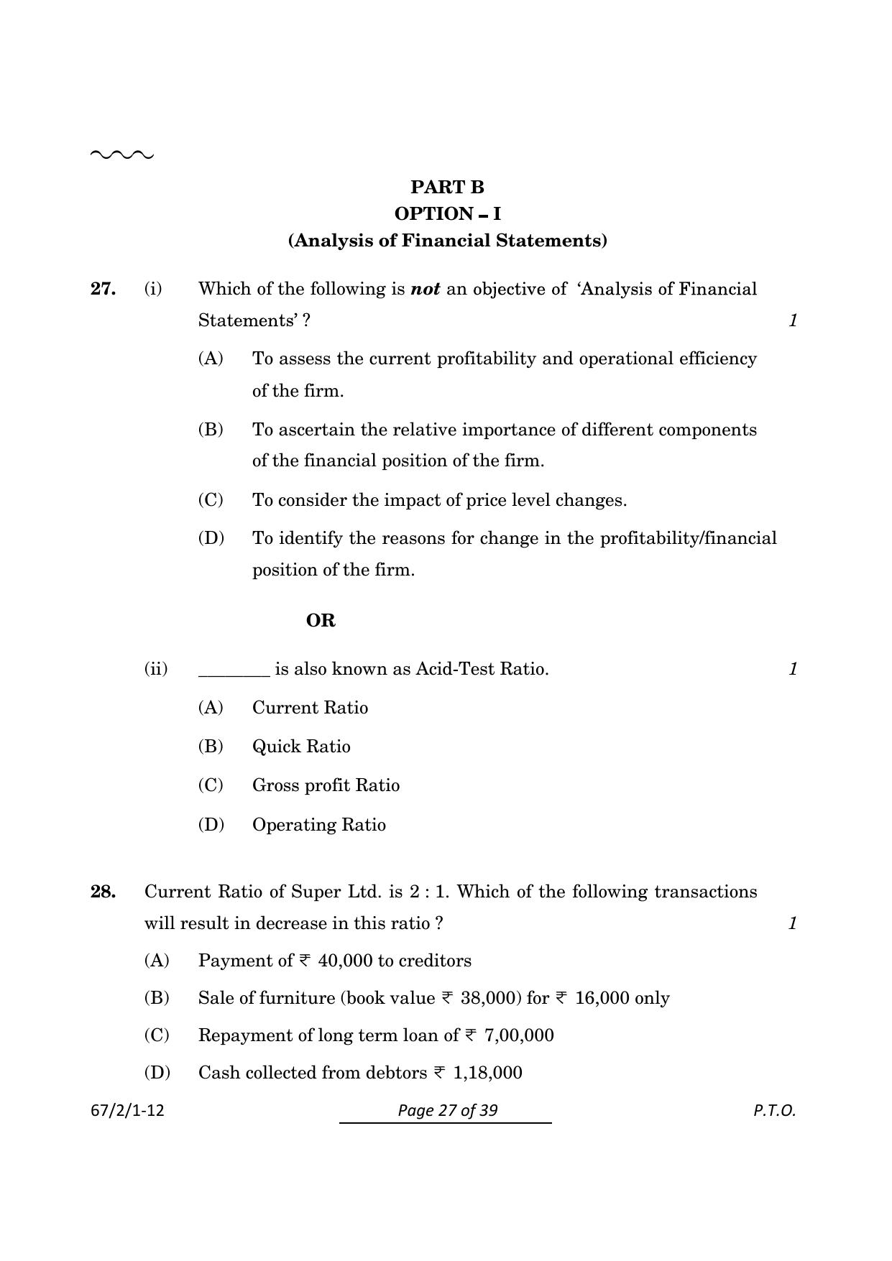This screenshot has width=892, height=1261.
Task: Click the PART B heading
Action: [447, 188]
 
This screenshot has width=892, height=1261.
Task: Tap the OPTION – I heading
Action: [447, 214]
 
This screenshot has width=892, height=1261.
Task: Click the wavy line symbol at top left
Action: [121, 154]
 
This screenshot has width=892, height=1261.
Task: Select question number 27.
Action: [103, 289]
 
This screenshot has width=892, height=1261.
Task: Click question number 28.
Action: [103, 892]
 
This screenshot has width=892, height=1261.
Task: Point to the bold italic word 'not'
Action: [425, 289]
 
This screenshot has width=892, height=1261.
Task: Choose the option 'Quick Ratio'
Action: [301, 747]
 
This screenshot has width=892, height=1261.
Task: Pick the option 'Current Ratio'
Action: [310, 708]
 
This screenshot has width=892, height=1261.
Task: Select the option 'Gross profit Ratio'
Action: [326, 785]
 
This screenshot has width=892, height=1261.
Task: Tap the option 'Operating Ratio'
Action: [318, 825]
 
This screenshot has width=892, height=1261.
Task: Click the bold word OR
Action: [321, 621]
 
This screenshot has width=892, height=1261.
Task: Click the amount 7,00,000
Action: [519, 1035]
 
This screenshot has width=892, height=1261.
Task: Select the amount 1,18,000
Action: [487, 1073]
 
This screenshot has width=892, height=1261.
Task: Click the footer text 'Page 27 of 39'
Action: [447, 1111]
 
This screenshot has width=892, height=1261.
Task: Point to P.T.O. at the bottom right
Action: [774, 1111]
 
